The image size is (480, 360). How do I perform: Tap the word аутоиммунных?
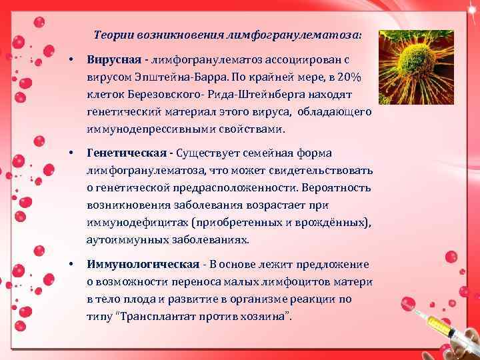[123, 239]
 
